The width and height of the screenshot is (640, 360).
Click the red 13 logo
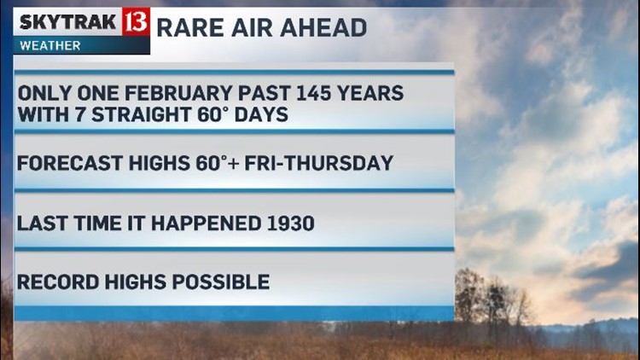pyautogui.click(x=136, y=21)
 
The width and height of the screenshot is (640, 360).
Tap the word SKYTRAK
pyautogui.click(x=67, y=21)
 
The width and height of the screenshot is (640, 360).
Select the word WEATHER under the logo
pyautogui.click(x=49, y=45)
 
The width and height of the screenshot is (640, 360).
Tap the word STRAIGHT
pyautogui.click(x=141, y=114)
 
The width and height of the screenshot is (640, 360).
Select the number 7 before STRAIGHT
pyautogui.click(x=79, y=114)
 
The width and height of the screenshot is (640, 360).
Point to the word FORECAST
pyautogui.click(x=69, y=163)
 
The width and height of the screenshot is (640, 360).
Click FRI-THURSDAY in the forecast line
pyautogui.click(x=319, y=163)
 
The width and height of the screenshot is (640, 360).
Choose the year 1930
pyautogui.click(x=291, y=224)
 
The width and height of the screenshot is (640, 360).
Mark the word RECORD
pyautogui.click(x=58, y=282)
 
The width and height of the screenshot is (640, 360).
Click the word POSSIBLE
pyautogui.click(x=221, y=282)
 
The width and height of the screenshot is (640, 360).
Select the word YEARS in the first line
pyautogui.click(x=375, y=93)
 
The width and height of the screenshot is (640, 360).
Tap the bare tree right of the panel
pyautogui.click(x=494, y=297)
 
